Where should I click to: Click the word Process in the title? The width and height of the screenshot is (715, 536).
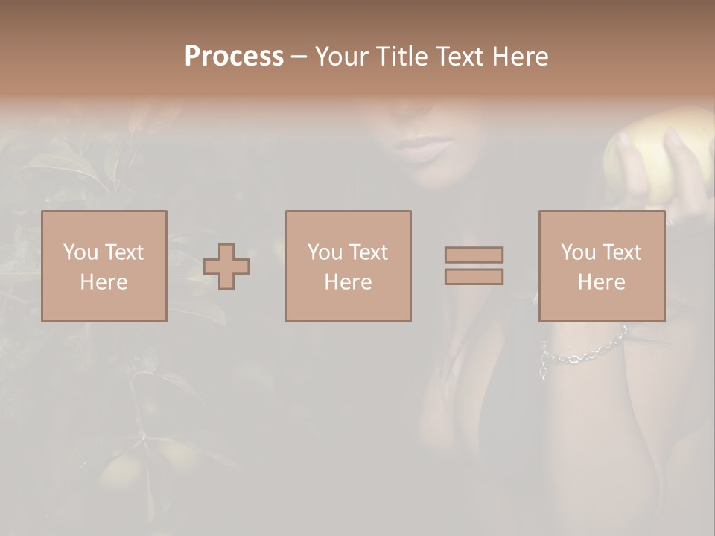pyautogui.click(x=234, y=57)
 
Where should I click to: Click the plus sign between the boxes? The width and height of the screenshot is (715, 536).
pyautogui.click(x=226, y=266)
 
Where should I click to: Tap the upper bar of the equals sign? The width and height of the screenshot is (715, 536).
pyautogui.click(x=474, y=255)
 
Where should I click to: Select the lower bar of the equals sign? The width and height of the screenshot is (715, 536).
pyautogui.click(x=474, y=276)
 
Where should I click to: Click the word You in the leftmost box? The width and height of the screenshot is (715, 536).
pyautogui.click(x=80, y=252)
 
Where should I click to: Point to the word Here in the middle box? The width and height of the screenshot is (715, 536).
pyautogui.click(x=348, y=282)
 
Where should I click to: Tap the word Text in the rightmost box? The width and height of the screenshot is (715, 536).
pyautogui.click(x=622, y=252)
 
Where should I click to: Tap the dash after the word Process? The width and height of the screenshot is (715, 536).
pyautogui.click(x=299, y=57)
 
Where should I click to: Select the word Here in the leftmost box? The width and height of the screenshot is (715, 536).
pyautogui.click(x=104, y=282)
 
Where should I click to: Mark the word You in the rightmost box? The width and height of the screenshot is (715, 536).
pyautogui.click(x=578, y=252)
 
